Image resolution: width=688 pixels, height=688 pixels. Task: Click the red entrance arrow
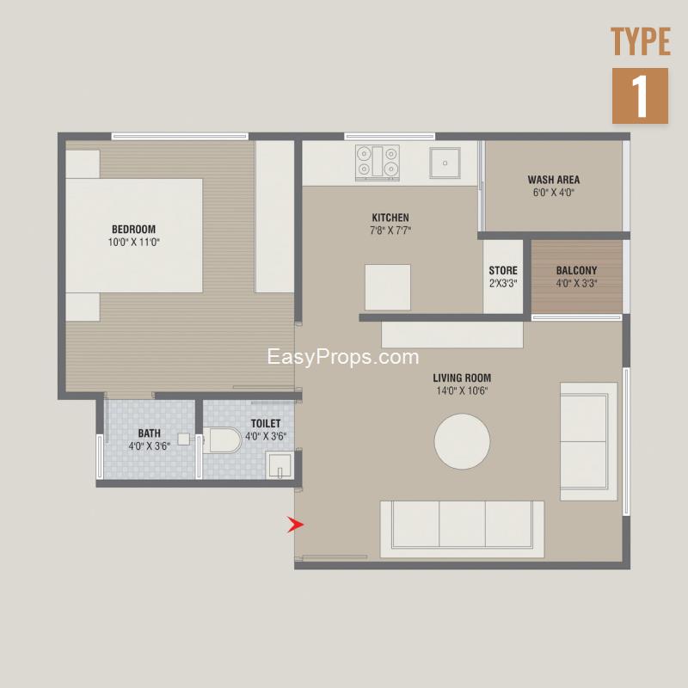pyautogui.click(x=295, y=525)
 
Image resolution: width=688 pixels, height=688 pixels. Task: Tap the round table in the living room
pyautogui.click(x=462, y=441)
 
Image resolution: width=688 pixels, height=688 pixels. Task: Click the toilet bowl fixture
pyautogui.click(x=223, y=440)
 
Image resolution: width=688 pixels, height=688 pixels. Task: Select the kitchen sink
pyautogui.click(x=445, y=163)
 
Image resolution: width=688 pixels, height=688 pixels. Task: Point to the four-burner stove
pyautogui.click(x=378, y=163)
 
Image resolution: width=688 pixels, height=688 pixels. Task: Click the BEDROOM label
pyautogui.click(x=134, y=229)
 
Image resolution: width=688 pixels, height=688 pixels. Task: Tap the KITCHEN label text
pyautogui.click(x=390, y=218)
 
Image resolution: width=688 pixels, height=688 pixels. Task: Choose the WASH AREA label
pyautogui.click(x=554, y=180)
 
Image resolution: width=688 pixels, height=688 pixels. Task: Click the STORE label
pyautogui.click(x=503, y=270)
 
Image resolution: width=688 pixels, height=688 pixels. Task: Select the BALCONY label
pyautogui.click(x=576, y=270)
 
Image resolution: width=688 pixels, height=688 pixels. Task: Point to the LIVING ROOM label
pyautogui.click(x=462, y=378)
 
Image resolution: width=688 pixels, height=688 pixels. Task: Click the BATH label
pyautogui.click(x=149, y=433)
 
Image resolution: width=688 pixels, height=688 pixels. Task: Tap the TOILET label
pyautogui.click(x=266, y=423)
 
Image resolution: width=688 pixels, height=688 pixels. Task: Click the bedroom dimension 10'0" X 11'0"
pyautogui.click(x=134, y=242)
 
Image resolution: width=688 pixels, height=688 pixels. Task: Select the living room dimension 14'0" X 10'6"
pyautogui.click(x=462, y=390)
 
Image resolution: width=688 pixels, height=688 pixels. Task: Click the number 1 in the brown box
pyautogui.click(x=640, y=95)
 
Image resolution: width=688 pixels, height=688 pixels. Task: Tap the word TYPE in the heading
pyautogui.click(x=641, y=41)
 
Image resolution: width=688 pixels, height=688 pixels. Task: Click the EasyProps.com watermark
pyautogui.click(x=343, y=357)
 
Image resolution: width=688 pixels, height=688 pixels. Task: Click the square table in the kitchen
pyautogui.click(x=388, y=287)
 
